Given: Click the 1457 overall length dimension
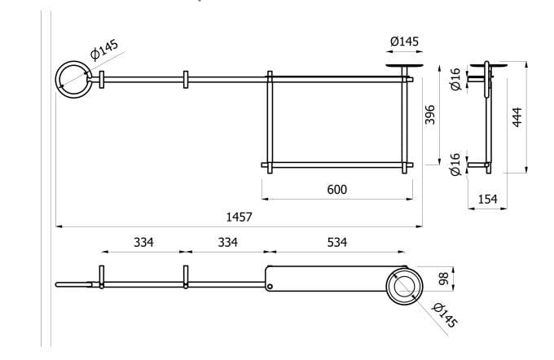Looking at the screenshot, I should coord(239,217).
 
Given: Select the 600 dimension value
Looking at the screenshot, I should coord(336,189).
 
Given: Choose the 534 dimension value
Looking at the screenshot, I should coord(336,242).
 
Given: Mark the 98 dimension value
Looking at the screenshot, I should coord(444,279).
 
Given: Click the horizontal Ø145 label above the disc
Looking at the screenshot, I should coord(404,41).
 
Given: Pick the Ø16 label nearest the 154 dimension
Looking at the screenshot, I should coord(455,164).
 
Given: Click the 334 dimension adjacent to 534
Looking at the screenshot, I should coord(228,242).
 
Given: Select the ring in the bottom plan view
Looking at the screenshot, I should coord(404,286).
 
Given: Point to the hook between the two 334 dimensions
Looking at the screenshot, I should coord(186,276).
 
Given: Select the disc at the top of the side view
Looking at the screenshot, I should coord(494,64).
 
